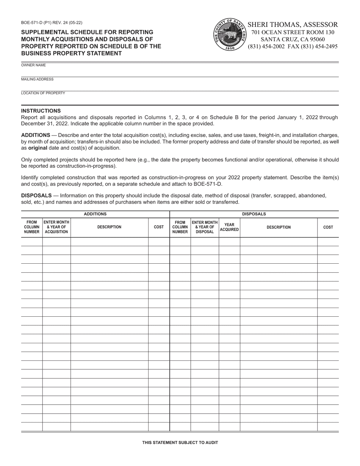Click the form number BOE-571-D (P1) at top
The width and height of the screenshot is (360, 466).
point(52,23)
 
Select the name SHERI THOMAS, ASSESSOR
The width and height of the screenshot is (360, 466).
point(293,25)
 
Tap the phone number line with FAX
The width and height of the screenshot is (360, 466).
point(293,47)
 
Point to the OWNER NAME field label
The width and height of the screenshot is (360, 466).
point(33,65)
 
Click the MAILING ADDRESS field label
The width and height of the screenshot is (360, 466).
point(37,79)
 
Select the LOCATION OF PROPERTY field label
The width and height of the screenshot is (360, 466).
point(43,93)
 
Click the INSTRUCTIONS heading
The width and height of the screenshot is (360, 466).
point(41,111)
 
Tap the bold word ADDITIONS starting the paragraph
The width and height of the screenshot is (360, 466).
point(36,135)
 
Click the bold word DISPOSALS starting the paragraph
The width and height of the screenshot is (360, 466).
point(36,195)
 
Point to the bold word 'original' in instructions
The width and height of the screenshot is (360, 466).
point(38,148)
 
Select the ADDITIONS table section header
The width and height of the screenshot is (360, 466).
point(95,214)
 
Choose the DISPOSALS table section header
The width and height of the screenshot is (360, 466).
point(254,214)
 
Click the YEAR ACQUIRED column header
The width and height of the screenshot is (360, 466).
point(229,227)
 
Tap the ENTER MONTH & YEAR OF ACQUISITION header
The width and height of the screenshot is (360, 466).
point(56,227)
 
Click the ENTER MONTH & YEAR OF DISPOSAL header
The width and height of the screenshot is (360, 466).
point(205,227)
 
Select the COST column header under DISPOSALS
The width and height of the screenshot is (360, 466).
point(328,227)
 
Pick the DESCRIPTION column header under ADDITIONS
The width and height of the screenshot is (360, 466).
point(109,227)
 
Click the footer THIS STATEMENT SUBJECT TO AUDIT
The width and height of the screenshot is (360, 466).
point(180,442)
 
